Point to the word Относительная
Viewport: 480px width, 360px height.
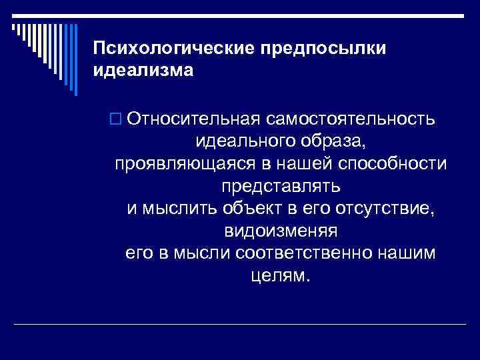tap(193, 119)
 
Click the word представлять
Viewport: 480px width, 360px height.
tap(280, 185)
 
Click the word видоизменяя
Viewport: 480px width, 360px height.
tap(280, 231)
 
